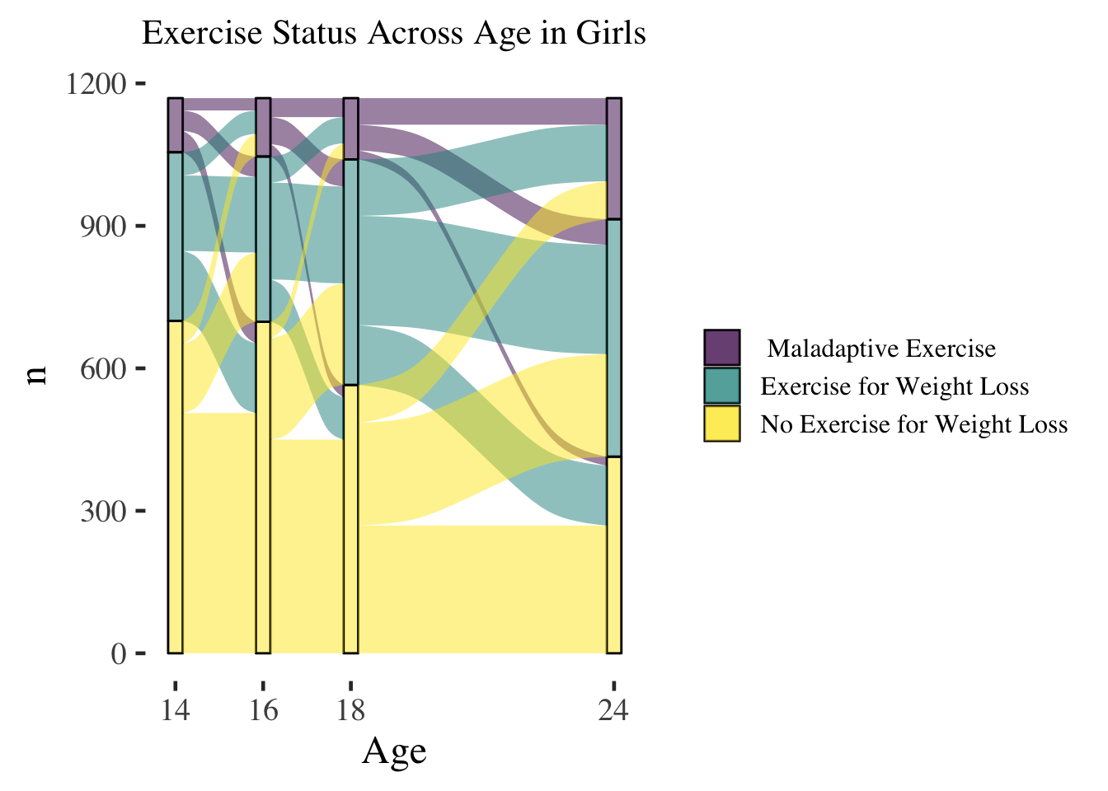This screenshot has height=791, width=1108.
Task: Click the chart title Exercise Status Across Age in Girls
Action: (393, 34)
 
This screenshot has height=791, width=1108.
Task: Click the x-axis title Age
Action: (394, 751)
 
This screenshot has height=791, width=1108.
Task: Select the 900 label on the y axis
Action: (103, 227)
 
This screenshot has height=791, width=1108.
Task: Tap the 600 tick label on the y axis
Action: (103, 369)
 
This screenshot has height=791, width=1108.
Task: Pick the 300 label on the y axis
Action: (103, 512)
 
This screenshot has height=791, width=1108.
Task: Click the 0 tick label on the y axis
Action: (119, 654)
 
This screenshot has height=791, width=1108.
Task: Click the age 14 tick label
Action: (176, 709)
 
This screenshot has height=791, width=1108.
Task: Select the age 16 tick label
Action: (263, 709)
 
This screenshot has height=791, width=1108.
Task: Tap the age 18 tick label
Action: (350, 709)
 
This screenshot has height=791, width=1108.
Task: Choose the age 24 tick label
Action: (613, 709)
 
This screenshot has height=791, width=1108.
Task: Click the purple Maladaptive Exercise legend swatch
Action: (722, 348)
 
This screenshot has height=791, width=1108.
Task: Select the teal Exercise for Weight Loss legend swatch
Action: (722, 386)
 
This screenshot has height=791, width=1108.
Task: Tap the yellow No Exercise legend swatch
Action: (722, 424)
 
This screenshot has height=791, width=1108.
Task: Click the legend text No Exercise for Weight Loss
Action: (913, 424)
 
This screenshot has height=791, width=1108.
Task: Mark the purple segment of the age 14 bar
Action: (176, 125)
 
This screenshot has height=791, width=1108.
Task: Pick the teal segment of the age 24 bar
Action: (614, 338)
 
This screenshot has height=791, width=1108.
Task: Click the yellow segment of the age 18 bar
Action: (351, 560)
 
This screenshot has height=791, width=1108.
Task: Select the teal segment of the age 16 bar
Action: (263, 239)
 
